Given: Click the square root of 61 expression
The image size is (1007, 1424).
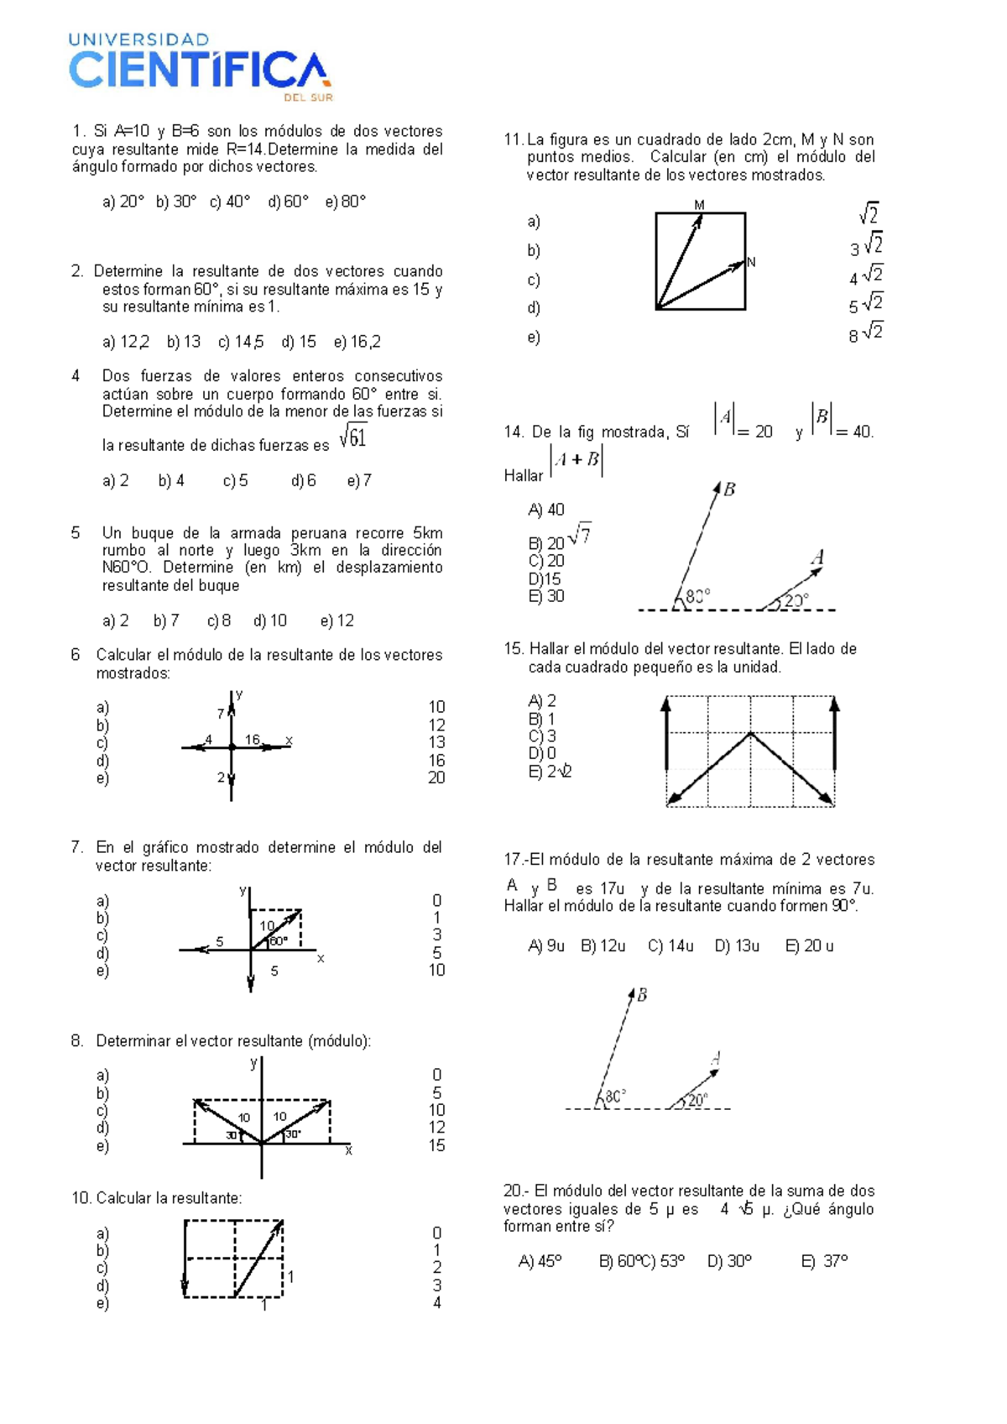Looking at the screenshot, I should coord(353,437).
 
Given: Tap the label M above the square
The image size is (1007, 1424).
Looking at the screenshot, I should coord(699,205).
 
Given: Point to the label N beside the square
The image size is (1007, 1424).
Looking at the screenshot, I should coord(751,263).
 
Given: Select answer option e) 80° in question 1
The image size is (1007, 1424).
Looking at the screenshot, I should coord(345,202).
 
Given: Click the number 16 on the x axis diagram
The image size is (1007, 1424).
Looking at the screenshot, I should coord(253,740).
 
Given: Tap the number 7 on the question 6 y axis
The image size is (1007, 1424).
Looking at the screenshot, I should coord(221,714).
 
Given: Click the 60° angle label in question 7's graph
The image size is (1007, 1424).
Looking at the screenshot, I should coord(278,940).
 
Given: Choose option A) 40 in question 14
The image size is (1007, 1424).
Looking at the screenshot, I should coord(546,510).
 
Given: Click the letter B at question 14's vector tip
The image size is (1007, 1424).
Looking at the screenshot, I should coord(729,489).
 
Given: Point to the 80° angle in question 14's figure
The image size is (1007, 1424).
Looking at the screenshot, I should coord(697,595).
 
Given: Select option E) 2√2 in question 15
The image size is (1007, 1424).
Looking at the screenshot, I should coord(550,772).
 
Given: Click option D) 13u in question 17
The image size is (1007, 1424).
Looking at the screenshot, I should coord(737,946).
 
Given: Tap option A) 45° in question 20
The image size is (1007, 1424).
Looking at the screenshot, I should coord(540,1261).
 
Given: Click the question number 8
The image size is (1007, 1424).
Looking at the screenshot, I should coord(77,1041).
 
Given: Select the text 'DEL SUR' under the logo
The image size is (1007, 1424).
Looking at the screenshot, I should coord(308,97).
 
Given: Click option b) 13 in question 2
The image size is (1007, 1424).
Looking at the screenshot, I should coord(184,342).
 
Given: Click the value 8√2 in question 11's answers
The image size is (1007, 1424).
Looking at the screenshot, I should coord(865,333).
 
